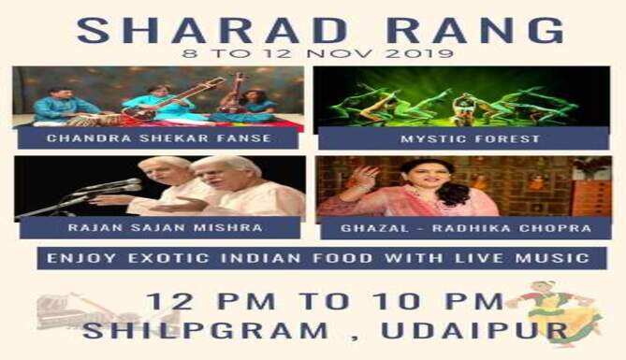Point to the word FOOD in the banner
click(342, 258)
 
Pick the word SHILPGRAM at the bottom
click(205, 331)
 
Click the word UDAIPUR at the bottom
click(475, 331)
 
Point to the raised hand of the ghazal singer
click(364, 177)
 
